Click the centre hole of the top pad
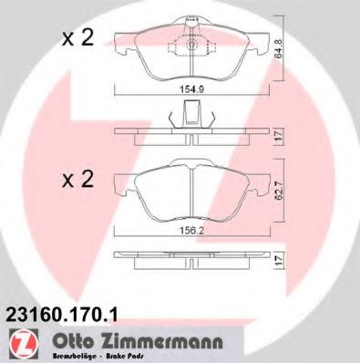(192, 47)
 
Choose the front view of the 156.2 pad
(192, 196)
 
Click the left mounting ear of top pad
(121, 40)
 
